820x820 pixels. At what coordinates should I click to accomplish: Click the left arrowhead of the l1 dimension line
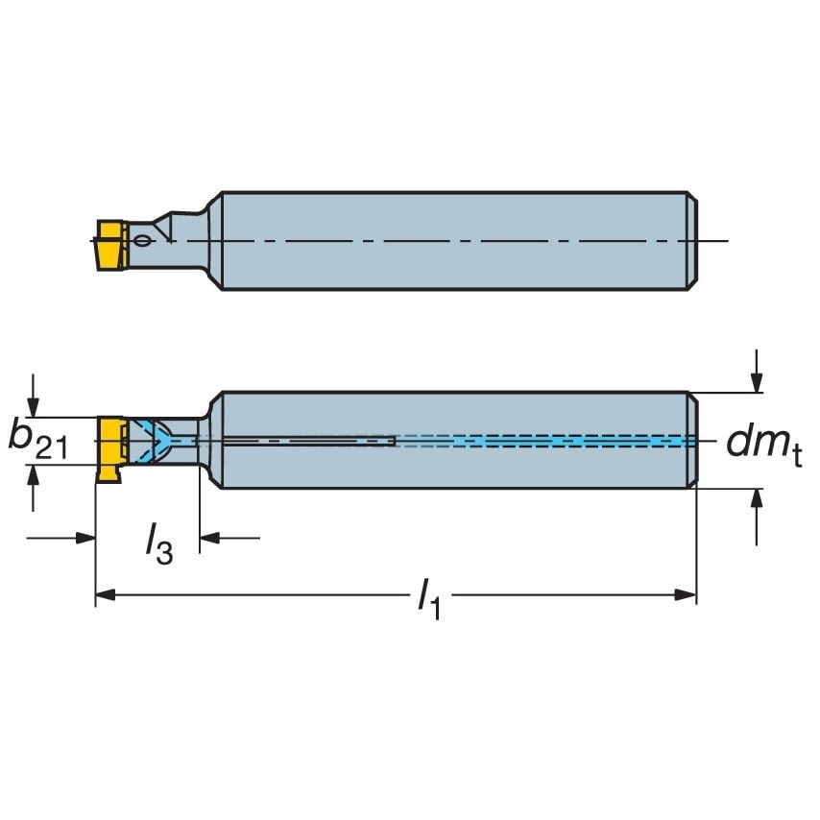pyautogui.click(x=105, y=596)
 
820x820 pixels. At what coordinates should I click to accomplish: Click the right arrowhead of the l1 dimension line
pyautogui.click(x=687, y=596)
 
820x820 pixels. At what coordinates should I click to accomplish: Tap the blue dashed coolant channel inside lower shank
pyautogui.click(x=547, y=441)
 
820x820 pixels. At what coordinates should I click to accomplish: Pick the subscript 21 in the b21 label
pyautogui.click(x=54, y=448)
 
